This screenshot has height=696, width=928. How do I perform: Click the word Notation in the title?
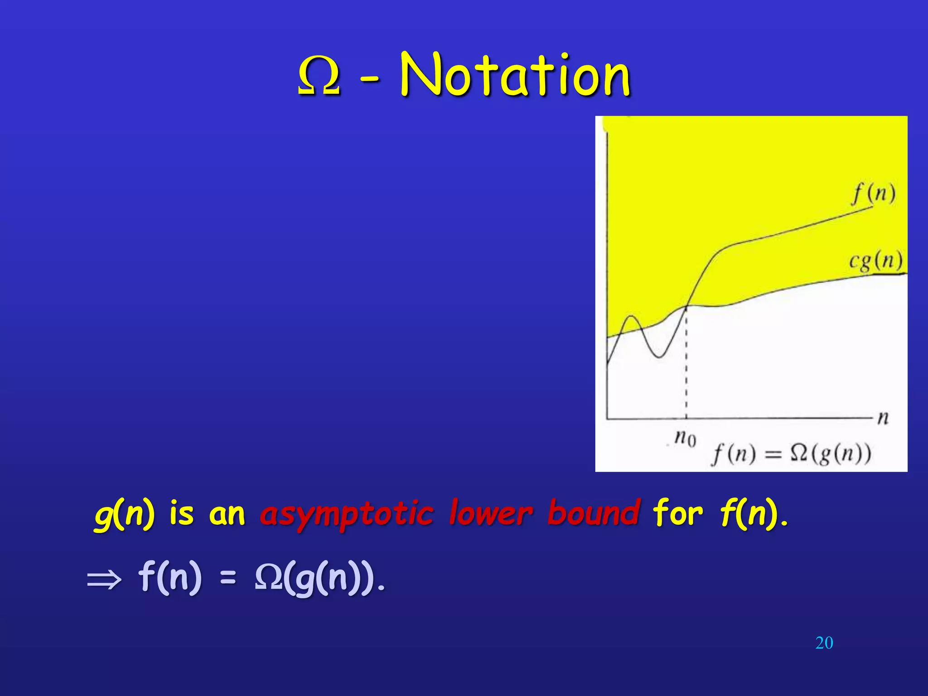coord(515,75)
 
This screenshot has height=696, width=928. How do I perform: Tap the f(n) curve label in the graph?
coord(874,194)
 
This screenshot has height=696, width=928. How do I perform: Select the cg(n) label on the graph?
coord(875,261)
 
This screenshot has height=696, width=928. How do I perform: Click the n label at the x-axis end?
coord(883,417)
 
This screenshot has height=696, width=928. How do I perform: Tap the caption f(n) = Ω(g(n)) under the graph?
coord(791,454)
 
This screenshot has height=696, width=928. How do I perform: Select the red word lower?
coord(491,513)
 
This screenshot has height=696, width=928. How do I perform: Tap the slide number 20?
coord(824,643)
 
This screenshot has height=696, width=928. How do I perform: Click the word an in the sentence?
coord(227,515)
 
